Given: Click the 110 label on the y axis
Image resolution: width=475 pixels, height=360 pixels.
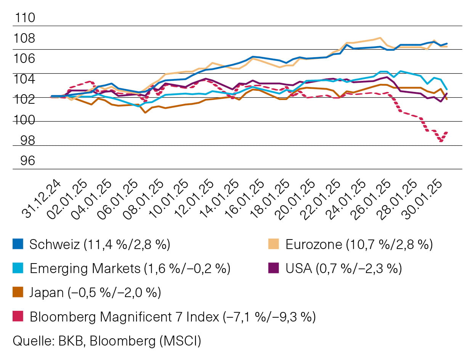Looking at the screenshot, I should (x=24, y=18).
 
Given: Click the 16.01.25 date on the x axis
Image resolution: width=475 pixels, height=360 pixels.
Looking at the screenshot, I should (x=245, y=199).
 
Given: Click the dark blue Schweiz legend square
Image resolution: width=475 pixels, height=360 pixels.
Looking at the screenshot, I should (x=18, y=244).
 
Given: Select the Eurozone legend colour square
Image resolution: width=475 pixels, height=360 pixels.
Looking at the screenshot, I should (x=274, y=244).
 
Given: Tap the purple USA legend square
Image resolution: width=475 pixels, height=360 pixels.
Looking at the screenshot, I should (x=274, y=268).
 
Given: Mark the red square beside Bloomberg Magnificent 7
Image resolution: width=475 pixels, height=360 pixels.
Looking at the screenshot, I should (x=18, y=316).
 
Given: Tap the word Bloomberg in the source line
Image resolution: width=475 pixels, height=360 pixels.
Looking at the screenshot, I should (x=125, y=341).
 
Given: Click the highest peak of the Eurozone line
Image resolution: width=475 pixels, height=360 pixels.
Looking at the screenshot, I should (x=380, y=38).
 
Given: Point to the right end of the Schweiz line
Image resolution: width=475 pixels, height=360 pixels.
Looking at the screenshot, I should (x=447, y=43).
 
